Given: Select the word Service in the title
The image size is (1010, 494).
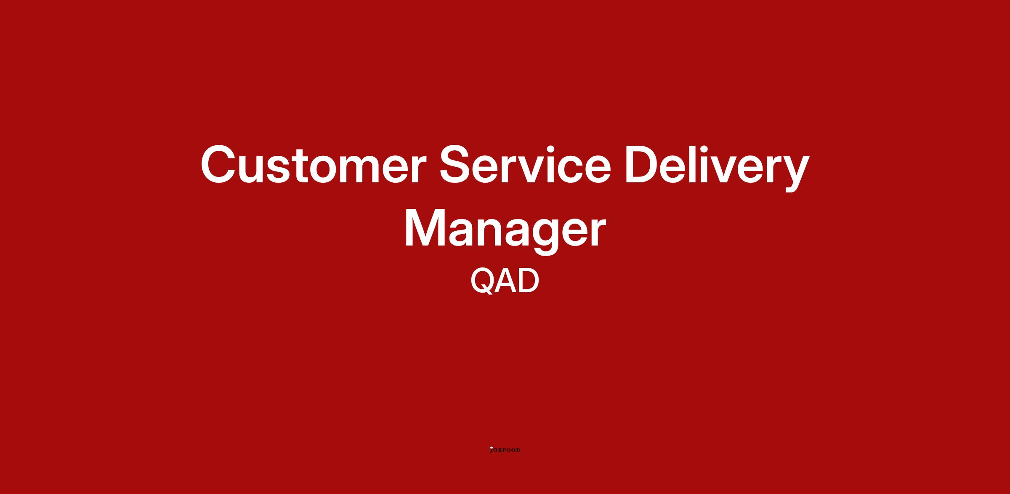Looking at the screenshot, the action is click(525, 164).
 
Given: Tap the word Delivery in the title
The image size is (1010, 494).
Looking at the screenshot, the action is click(717, 167).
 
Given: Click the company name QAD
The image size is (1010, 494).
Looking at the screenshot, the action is click(505, 281).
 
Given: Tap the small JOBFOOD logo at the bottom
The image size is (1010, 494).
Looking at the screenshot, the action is click(505, 450).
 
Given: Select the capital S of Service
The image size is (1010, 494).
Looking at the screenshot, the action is click(456, 164).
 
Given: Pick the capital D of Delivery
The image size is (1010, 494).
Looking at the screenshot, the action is click(643, 164).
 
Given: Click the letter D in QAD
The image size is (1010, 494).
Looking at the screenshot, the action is click(529, 280).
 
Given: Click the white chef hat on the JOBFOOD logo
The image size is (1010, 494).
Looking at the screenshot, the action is click(491, 447).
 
